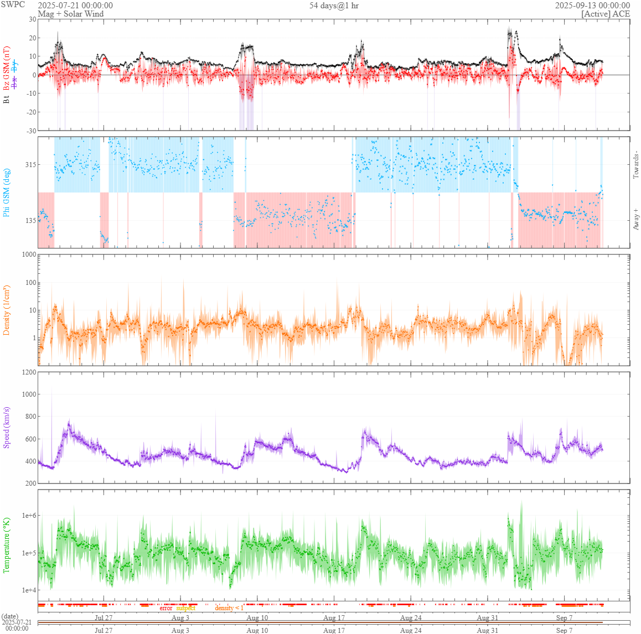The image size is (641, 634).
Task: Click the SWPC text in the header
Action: tap(13, 4)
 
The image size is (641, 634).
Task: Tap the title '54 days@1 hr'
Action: tap(334, 6)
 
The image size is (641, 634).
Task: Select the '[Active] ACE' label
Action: tap(606, 14)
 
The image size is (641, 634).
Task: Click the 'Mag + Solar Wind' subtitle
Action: tap(70, 14)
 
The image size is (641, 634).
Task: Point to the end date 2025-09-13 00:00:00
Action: tap(592, 6)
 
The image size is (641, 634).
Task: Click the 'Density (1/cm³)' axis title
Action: tap(7, 310)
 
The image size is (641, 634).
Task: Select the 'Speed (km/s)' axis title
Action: tap(7, 428)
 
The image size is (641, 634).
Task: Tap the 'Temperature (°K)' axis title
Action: tap(7, 545)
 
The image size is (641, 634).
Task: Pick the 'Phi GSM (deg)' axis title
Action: tap(7, 193)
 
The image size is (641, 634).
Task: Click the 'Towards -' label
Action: tap(635, 164)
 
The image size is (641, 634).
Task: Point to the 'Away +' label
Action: tap(635, 220)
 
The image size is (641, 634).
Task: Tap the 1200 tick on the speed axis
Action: tap(28, 372)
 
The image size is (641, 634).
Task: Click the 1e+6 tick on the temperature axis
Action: tap(29, 516)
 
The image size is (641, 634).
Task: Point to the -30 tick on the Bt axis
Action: tap(31, 131)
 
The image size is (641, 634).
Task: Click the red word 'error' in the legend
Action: tap(166, 608)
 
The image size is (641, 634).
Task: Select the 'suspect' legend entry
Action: tap(186, 608)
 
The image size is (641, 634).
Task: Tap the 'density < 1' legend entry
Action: tap(229, 608)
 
